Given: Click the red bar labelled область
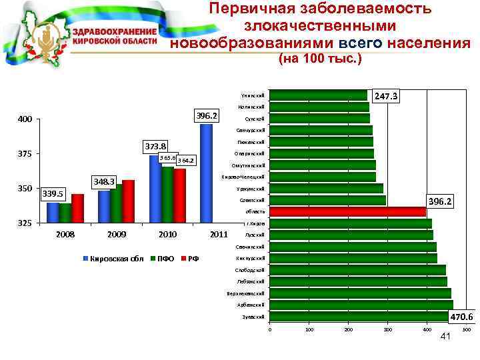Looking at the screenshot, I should (x=347, y=212).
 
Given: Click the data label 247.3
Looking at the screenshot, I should (x=386, y=97).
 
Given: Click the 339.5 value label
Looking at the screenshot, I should (x=53, y=194).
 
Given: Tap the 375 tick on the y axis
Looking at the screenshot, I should (x=25, y=154).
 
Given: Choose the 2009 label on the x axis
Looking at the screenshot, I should (x=117, y=235).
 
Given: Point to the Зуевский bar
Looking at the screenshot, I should (x=361, y=316).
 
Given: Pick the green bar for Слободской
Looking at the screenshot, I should (x=357, y=270).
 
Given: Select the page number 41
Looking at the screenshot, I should (x=447, y=337).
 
